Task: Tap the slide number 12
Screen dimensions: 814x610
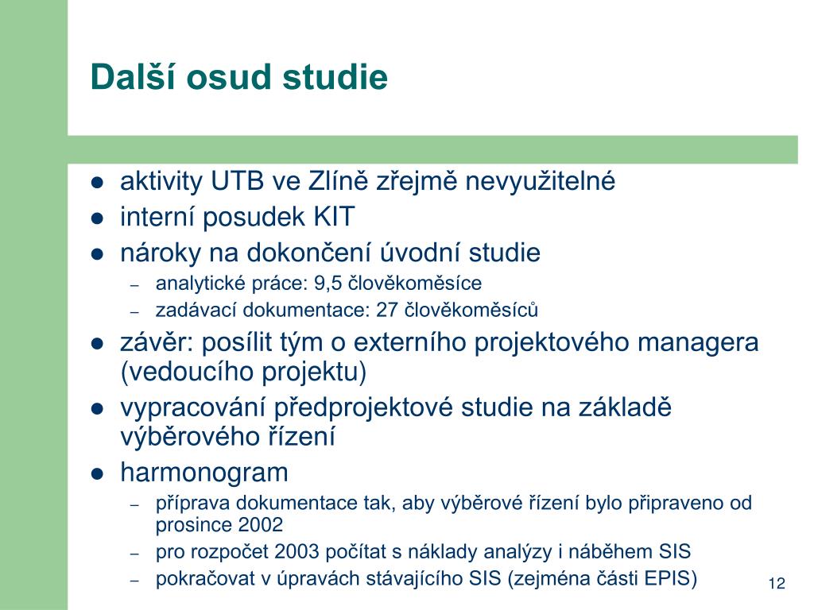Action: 777,584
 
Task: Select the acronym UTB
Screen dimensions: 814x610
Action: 237,182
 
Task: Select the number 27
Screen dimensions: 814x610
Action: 387,311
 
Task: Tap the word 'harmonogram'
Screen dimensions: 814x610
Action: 204,473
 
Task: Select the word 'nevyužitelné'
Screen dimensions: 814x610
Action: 540,182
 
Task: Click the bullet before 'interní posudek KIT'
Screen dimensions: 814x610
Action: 97,218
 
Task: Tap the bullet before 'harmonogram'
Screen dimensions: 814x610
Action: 97,474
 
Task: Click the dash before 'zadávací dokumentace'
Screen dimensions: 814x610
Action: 135,312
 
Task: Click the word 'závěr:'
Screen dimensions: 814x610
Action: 157,343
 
